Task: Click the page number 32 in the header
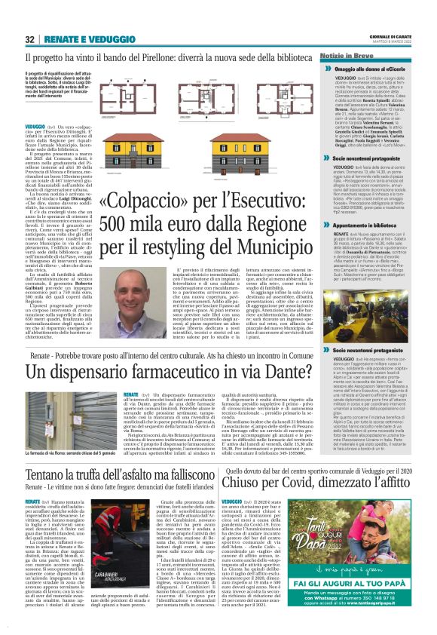30,39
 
